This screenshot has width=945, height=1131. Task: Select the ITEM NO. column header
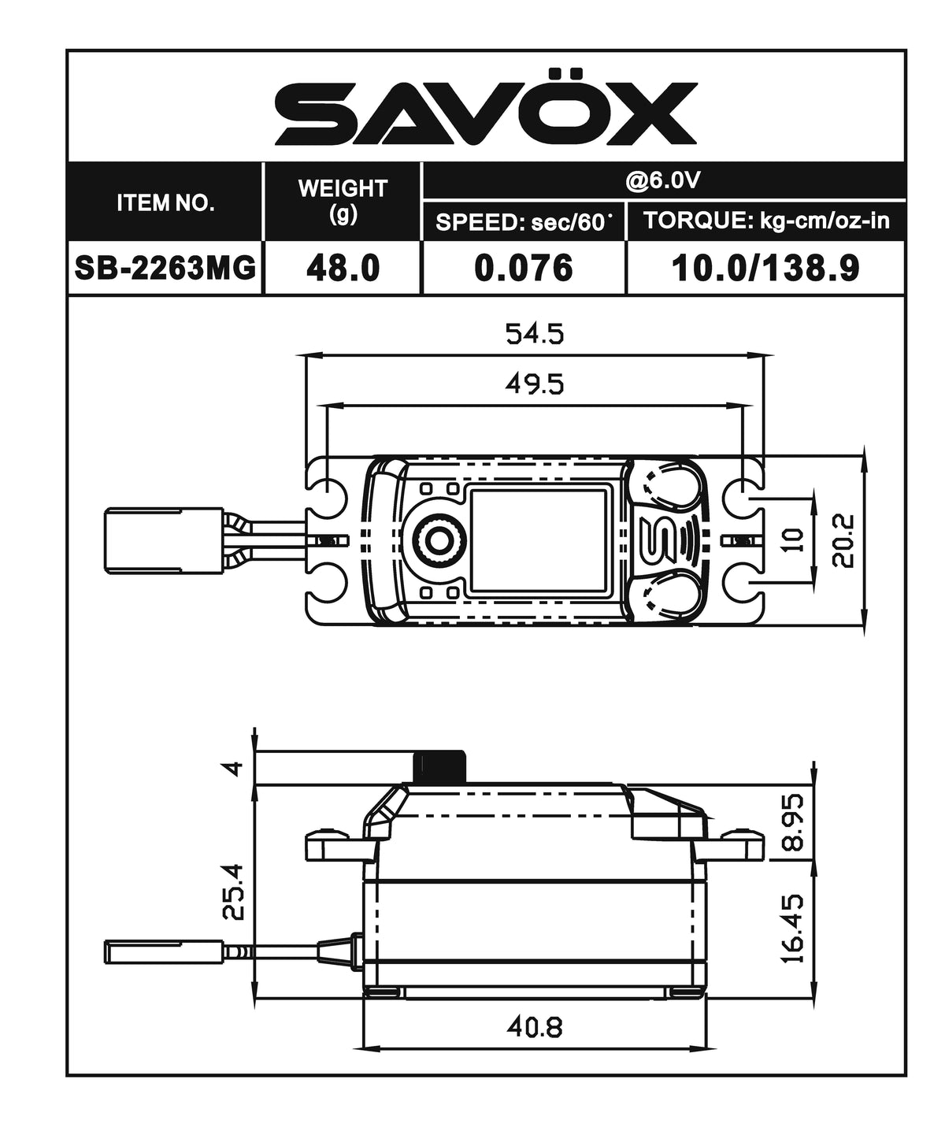(165, 202)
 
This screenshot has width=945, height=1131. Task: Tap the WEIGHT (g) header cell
(343, 200)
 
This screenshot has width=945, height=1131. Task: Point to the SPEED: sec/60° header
(524, 221)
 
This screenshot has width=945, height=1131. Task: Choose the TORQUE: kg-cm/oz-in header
(766, 221)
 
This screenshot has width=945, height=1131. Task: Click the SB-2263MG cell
(165, 269)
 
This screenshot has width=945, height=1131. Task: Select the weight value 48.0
(343, 269)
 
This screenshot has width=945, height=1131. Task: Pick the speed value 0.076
(524, 269)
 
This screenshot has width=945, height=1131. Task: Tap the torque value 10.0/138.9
(765, 269)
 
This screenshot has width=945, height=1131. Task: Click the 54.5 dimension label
(535, 335)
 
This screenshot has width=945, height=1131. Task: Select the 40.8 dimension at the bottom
(535, 1027)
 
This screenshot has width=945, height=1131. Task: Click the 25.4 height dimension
(234, 891)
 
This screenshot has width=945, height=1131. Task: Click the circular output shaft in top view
(435, 540)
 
